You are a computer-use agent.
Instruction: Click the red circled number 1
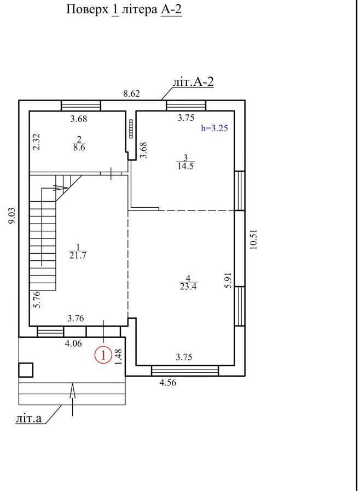(103, 355)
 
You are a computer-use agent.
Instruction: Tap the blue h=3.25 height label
(214, 128)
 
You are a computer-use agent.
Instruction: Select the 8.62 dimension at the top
(131, 93)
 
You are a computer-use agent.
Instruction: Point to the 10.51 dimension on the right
(253, 239)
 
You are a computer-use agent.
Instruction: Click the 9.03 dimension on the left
(11, 216)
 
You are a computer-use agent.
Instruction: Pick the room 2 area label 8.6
(79, 148)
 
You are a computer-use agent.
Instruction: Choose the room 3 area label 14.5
(185, 166)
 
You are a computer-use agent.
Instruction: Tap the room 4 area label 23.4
(188, 286)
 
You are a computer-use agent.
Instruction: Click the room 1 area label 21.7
(78, 255)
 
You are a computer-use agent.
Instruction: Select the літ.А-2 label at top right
(193, 82)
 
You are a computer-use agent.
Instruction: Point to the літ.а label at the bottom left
(28, 418)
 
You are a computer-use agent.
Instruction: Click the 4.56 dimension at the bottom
(168, 382)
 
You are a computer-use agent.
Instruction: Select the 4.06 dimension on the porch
(73, 343)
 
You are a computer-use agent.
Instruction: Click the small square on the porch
(26, 370)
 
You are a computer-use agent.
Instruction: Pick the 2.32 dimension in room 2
(37, 142)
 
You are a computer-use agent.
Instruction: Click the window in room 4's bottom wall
(185, 371)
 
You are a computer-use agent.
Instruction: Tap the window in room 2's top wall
(81, 106)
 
